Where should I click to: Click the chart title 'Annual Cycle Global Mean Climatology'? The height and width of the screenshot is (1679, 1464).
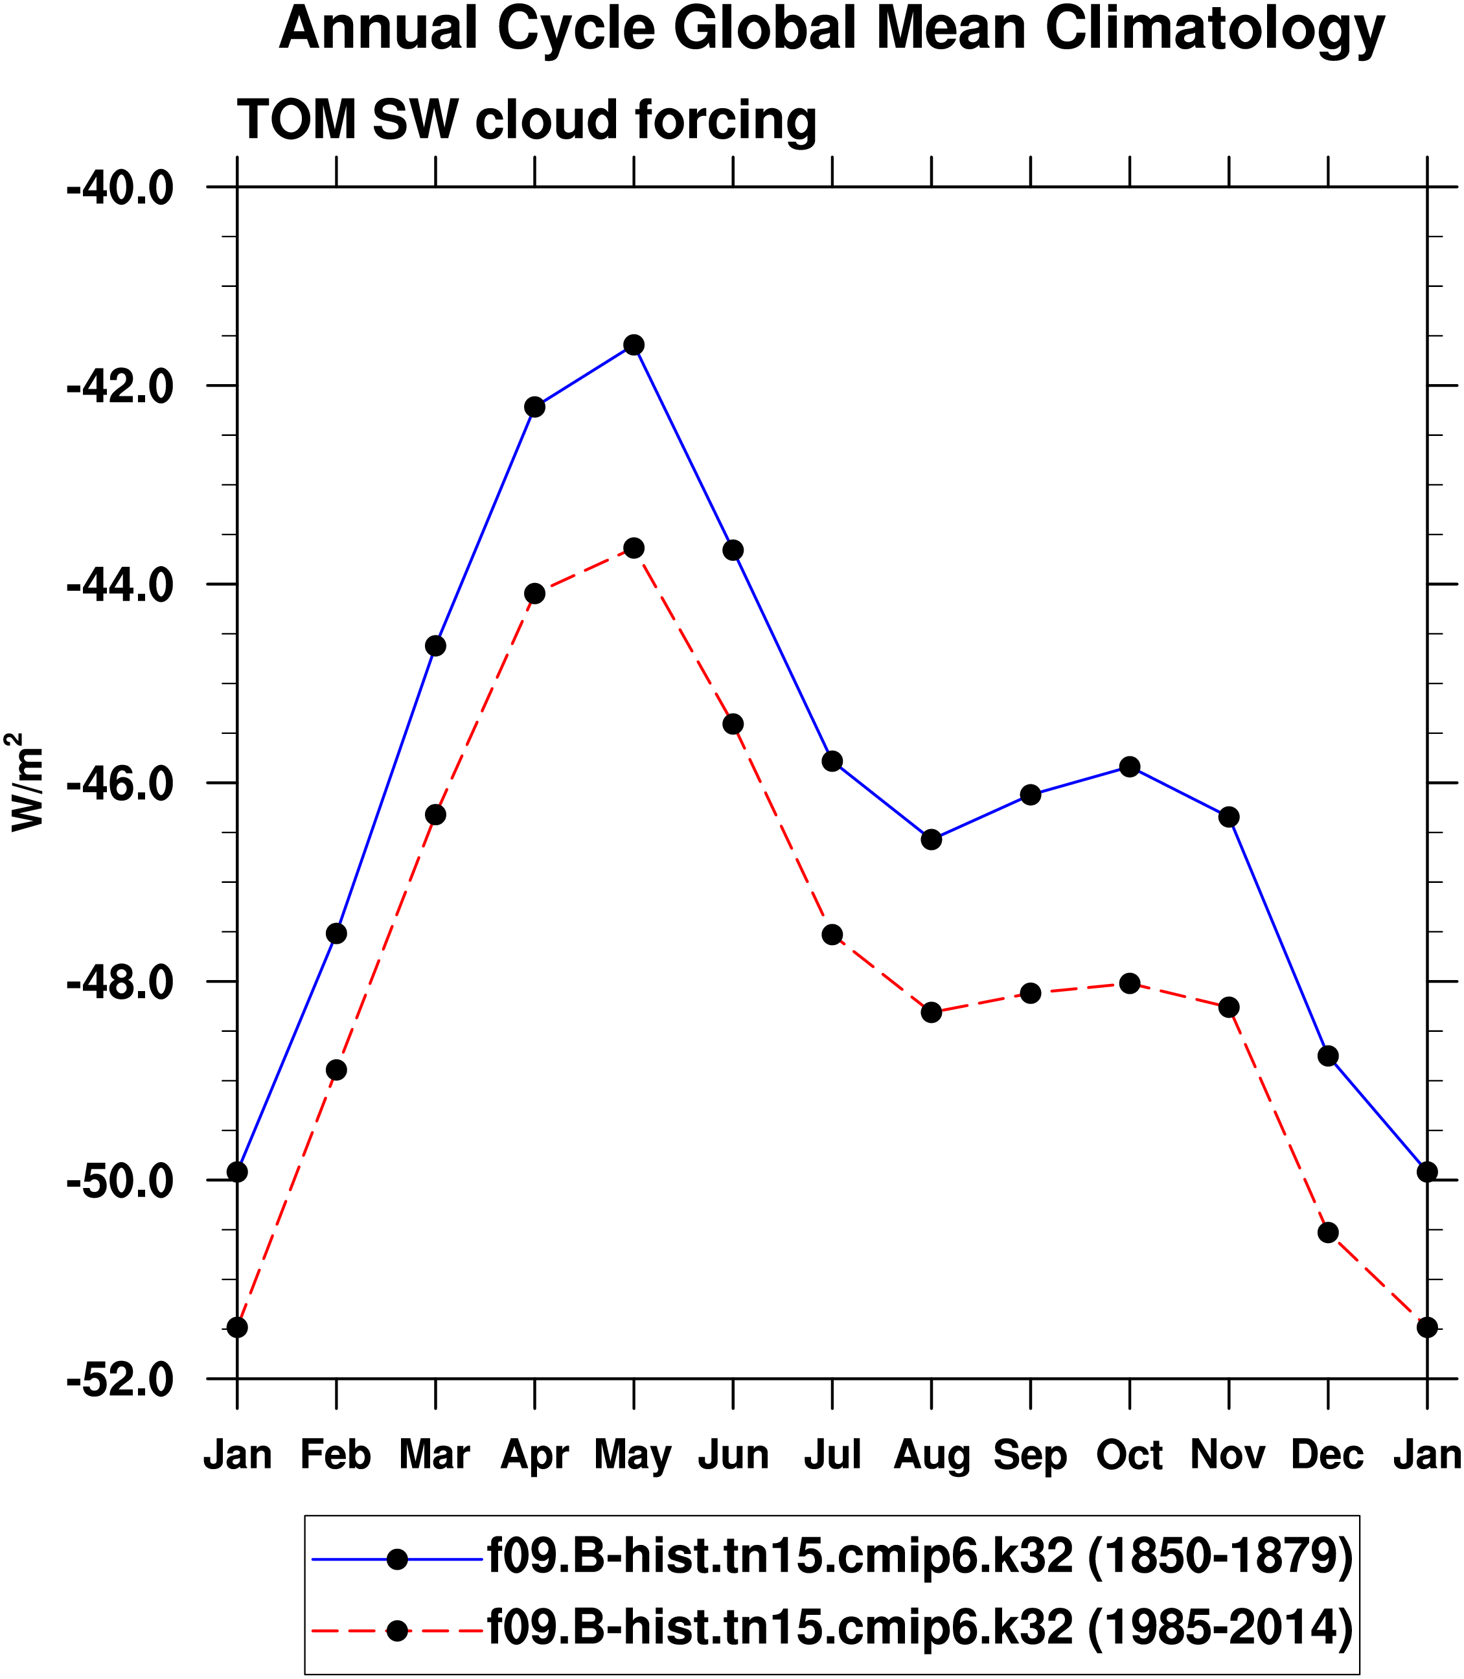tap(832, 29)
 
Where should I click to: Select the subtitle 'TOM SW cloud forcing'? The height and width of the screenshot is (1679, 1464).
tap(527, 120)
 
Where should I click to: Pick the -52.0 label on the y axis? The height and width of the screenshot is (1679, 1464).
tap(120, 1379)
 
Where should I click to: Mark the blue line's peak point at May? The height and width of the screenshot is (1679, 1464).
tap(634, 345)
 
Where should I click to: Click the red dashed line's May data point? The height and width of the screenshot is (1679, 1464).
tap(634, 547)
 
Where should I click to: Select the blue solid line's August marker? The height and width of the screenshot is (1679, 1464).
tap(932, 839)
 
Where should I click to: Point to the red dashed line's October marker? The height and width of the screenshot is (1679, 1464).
tap(1130, 983)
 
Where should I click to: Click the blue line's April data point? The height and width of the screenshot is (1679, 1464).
tap(535, 407)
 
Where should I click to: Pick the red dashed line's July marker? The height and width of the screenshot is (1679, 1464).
tap(832, 935)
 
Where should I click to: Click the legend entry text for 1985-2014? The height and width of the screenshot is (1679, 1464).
tap(920, 1626)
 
